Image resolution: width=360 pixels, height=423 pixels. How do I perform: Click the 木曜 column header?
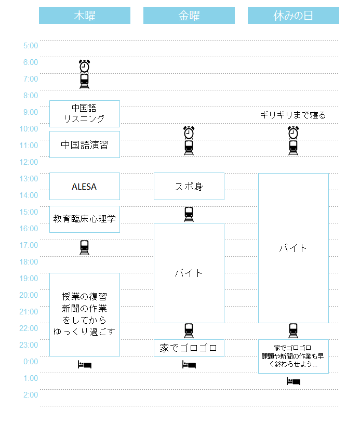click(84, 16)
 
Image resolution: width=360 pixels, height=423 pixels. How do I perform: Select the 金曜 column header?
click(189, 16)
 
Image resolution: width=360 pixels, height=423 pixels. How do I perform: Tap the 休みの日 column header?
click(294, 16)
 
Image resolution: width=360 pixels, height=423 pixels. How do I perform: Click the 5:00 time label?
click(31, 46)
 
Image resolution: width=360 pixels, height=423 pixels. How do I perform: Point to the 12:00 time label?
click(29, 162)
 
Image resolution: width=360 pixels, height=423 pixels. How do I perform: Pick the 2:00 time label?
click(31, 394)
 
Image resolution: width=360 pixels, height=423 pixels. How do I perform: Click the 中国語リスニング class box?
click(84, 114)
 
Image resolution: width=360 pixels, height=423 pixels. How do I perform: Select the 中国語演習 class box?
click(84, 144)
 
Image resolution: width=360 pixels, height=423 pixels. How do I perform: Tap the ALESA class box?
click(84, 186)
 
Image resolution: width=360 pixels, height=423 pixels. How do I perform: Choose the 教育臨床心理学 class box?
click(84, 219)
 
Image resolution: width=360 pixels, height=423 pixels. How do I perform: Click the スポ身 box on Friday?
click(189, 186)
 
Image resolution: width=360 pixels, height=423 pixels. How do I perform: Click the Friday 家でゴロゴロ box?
click(189, 348)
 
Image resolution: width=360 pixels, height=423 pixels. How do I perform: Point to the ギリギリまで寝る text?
click(293, 115)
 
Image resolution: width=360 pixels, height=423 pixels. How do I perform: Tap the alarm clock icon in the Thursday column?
click(84, 66)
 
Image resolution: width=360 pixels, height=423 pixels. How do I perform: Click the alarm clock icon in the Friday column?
click(189, 133)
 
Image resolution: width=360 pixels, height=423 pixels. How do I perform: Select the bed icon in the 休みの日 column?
click(294, 381)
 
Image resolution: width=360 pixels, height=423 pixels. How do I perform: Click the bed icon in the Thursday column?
click(84, 364)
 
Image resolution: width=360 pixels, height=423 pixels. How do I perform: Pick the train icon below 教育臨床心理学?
click(84, 247)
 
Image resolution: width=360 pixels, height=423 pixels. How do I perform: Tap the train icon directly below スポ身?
click(189, 214)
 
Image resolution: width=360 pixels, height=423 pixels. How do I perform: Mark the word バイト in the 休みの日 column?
click(293, 248)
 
